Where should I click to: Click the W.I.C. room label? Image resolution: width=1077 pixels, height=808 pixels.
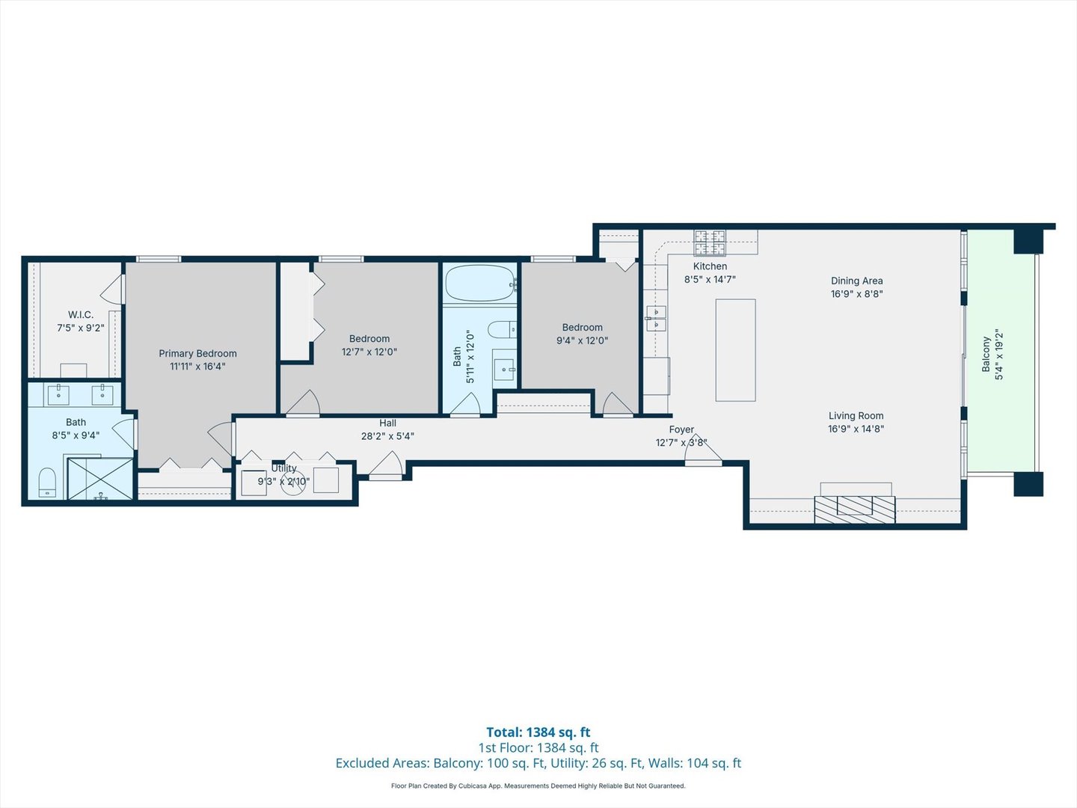(x=81, y=315)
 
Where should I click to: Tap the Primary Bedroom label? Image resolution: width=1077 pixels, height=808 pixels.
(x=197, y=354)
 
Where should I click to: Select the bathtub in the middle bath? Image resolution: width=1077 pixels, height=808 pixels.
(x=479, y=284)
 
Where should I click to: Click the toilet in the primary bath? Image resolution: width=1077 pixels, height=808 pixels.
(x=47, y=483)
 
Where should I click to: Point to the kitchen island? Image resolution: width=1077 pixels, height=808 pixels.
(x=735, y=350)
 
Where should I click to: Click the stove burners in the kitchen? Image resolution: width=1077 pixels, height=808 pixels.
(x=709, y=242)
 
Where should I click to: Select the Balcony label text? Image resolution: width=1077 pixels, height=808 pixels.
(x=986, y=354)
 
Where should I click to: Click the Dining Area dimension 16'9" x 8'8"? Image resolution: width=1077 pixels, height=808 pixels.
(x=856, y=294)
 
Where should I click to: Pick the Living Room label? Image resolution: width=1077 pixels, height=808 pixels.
(x=856, y=416)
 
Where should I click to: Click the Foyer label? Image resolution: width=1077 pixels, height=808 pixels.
(x=681, y=429)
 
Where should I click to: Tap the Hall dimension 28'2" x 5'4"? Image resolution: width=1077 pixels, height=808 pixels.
(x=387, y=436)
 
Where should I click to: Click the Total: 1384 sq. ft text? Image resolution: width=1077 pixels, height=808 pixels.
(x=538, y=732)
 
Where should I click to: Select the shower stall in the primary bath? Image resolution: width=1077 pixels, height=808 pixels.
(x=100, y=479)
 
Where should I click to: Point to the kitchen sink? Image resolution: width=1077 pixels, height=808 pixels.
(x=656, y=318)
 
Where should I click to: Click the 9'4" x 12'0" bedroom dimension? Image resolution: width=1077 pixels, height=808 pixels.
(x=582, y=340)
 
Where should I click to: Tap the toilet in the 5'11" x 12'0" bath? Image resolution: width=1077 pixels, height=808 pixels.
(x=501, y=329)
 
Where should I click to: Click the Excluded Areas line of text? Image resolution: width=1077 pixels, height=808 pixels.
(x=538, y=763)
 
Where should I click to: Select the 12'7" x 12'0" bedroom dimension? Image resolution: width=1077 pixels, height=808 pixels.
(x=369, y=352)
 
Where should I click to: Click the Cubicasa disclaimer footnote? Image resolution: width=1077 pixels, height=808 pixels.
(x=538, y=786)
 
